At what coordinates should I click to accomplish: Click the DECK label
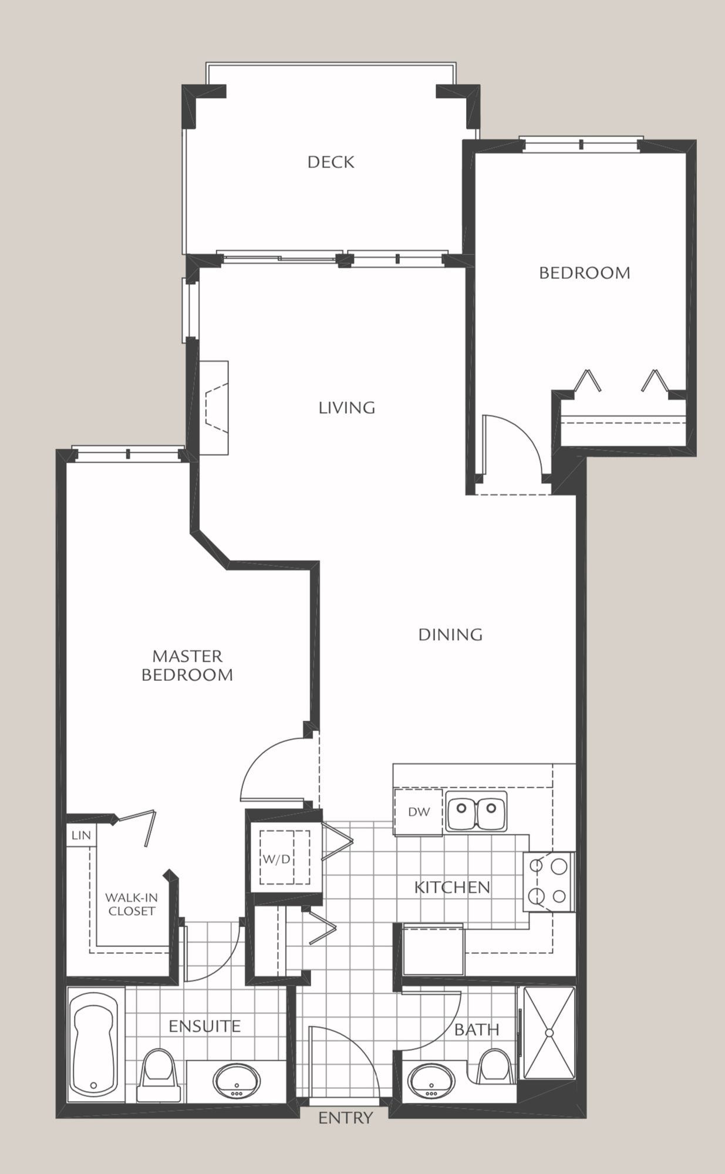click(x=331, y=162)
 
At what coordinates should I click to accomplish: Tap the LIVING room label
click(x=347, y=407)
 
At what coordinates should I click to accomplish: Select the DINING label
click(x=450, y=635)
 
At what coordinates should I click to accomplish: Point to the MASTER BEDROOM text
click(x=187, y=665)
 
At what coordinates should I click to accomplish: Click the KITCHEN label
click(x=452, y=887)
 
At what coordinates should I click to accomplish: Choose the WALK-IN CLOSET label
click(x=131, y=904)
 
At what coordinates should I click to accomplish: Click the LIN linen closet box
click(x=81, y=835)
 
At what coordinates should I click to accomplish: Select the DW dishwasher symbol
click(x=418, y=812)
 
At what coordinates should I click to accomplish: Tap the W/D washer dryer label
click(x=276, y=859)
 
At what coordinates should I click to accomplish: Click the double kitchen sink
click(x=476, y=811)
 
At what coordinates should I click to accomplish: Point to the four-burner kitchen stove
click(x=549, y=881)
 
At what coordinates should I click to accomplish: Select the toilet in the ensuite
click(x=158, y=1074)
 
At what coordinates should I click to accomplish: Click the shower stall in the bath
click(x=549, y=1033)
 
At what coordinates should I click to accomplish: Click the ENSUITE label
click(x=204, y=1026)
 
